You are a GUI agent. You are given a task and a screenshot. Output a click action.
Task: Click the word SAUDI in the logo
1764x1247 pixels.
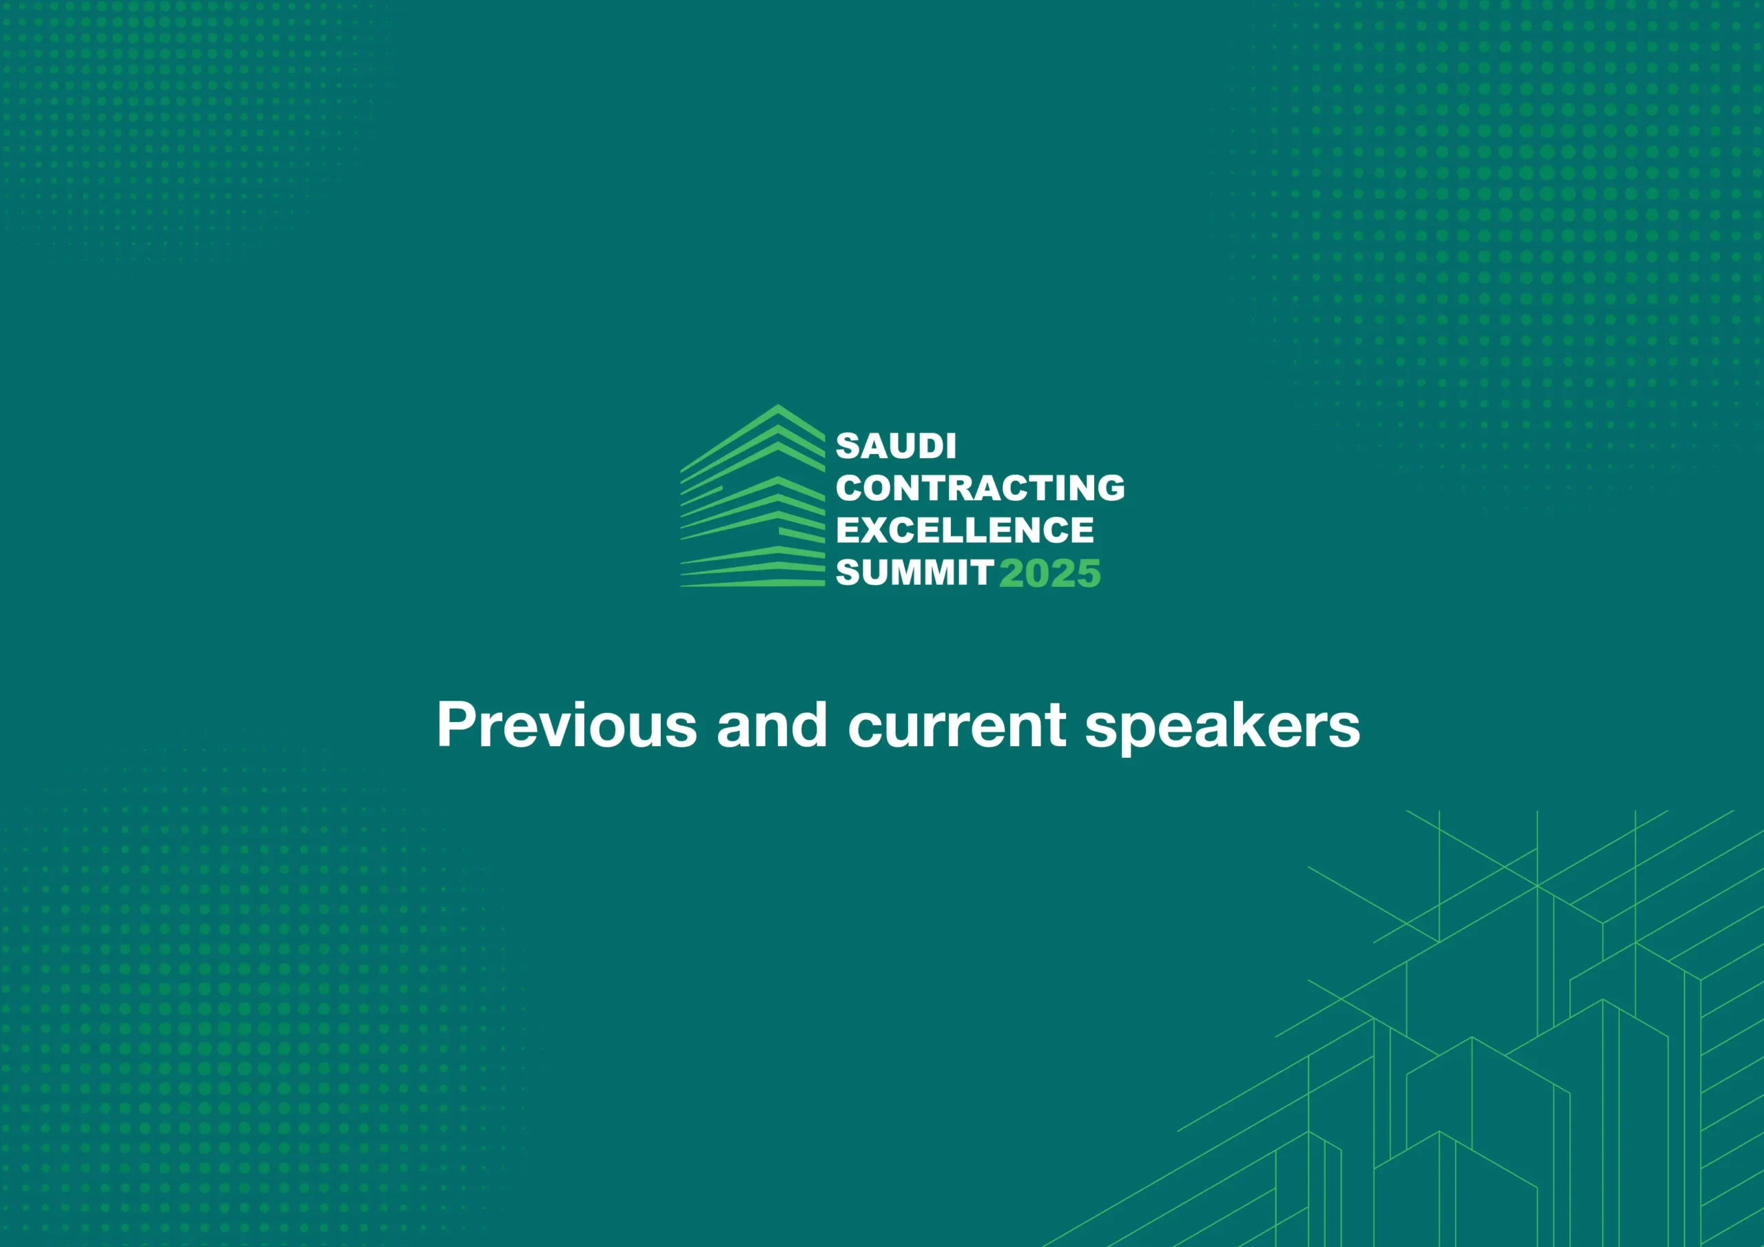[896, 446]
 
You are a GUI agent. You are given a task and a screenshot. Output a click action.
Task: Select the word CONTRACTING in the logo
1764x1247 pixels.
[981, 488]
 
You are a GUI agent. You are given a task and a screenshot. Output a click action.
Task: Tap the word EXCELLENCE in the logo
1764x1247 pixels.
[965, 530]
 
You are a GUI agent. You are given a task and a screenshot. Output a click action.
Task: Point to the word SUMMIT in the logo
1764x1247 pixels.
[915, 573]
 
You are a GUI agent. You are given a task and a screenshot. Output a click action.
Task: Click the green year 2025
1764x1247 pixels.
[1050, 574]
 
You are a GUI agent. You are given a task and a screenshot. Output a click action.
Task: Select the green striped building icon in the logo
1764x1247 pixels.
[753, 496]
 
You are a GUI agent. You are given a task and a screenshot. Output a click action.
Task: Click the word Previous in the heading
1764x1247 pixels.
[567, 725]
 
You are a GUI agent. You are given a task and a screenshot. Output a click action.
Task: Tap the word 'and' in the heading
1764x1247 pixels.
[772, 725]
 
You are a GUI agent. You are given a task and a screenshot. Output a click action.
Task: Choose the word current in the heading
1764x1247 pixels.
[957, 726]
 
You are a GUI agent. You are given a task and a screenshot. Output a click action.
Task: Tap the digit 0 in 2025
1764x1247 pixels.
[1037, 574]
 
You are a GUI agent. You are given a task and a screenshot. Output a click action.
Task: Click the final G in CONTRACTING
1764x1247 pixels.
[1110, 488]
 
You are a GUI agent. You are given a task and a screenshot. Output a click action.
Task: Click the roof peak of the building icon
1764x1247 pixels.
[777, 406]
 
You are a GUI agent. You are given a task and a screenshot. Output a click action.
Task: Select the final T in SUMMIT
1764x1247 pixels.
[983, 573]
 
